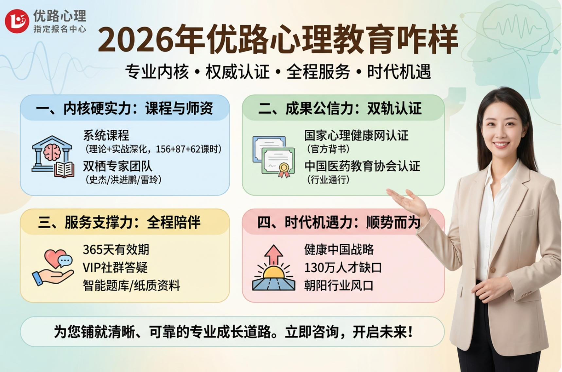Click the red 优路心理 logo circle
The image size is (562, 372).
(x=17, y=21)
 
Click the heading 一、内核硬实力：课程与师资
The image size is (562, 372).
(x=125, y=108)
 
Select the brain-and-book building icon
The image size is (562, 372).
(x=52, y=157)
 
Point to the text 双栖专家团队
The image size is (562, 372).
(x=117, y=166)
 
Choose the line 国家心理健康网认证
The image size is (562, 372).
(x=356, y=135)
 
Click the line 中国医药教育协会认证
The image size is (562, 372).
(x=362, y=166)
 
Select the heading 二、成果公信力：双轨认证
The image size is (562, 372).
(x=340, y=108)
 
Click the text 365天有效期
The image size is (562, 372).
(x=116, y=250)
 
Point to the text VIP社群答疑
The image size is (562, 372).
(x=115, y=268)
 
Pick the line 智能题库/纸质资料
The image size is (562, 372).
(x=131, y=286)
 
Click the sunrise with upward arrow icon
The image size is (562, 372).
(x=273, y=269)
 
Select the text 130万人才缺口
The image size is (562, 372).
(x=343, y=268)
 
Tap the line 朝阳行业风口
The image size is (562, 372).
(x=339, y=286)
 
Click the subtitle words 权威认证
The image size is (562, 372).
(x=237, y=72)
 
